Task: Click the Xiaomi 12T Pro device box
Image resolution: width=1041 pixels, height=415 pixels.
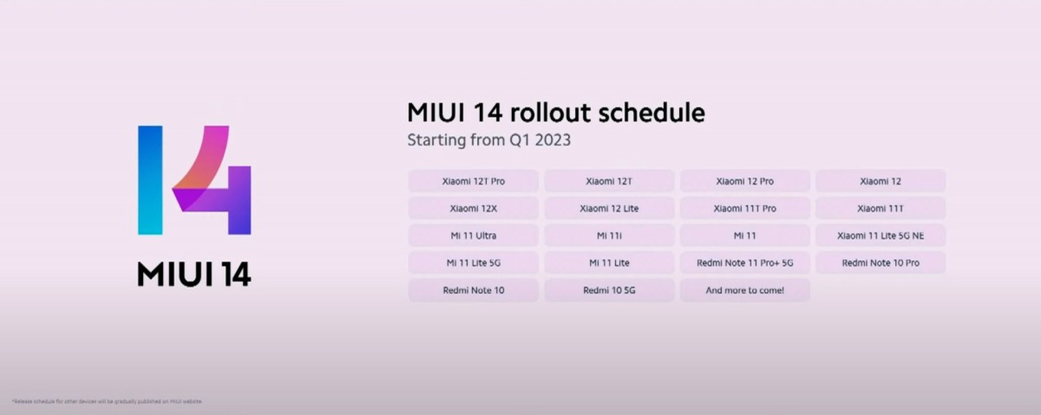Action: click(473, 181)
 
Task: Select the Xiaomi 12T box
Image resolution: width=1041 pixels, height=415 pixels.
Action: click(609, 181)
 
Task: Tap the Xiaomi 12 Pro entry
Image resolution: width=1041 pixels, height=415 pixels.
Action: click(744, 181)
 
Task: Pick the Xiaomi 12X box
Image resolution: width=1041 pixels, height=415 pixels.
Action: click(473, 208)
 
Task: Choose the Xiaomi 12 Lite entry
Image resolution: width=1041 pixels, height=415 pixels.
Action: click(609, 208)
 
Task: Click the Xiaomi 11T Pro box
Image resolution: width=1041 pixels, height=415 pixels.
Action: click(744, 208)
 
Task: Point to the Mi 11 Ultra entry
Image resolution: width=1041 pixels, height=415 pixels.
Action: click(473, 236)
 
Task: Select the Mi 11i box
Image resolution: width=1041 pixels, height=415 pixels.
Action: click(609, 236)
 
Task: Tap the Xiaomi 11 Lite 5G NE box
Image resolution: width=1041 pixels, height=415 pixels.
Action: click(880, 236)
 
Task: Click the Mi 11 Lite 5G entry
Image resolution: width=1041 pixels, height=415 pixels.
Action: click(473, 263)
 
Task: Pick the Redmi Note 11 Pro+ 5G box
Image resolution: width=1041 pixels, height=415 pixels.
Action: click(744, 263)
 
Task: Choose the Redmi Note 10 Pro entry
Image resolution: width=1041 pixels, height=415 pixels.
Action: click(880, 263)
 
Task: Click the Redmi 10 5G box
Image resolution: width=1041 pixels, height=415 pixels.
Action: click(609, 290)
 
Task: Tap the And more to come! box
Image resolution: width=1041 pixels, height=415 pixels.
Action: click(744, 290)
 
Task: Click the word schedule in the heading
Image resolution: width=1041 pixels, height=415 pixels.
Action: click(651, 113)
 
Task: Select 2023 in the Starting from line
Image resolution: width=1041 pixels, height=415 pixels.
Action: click(552, 140)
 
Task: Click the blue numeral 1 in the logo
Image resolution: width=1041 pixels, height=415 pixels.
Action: click(150, 180)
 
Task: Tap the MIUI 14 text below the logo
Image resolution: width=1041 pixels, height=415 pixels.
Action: click(194, 274)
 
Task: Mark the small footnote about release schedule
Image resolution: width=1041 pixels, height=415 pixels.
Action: click(107, 401)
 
